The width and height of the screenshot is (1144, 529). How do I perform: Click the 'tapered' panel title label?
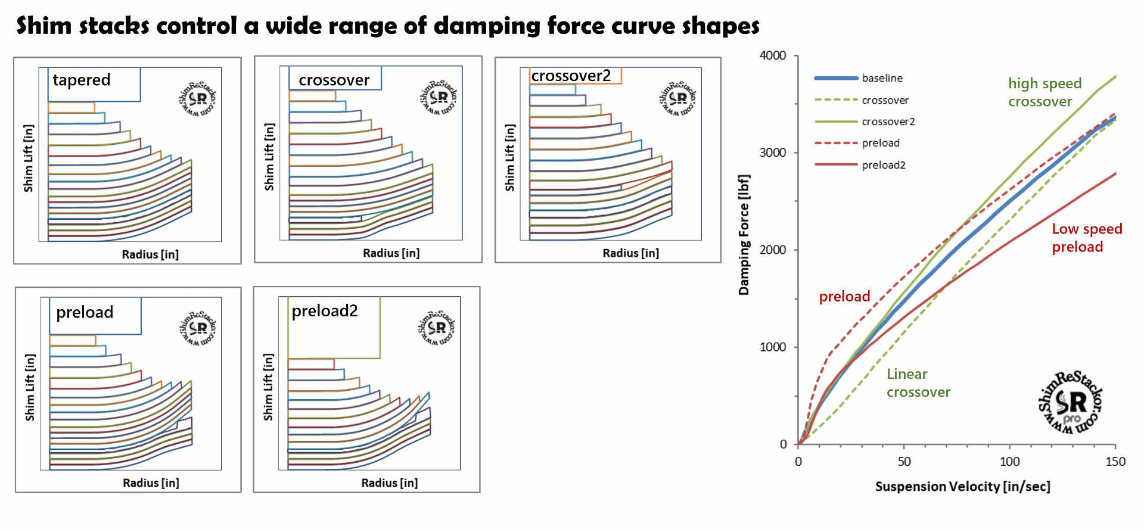coord(82,80)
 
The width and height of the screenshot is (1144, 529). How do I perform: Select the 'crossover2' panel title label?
coord(571,76)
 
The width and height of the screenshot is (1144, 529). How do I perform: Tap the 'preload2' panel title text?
coord(325,311)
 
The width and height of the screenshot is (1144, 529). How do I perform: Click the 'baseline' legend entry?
coord(882,78)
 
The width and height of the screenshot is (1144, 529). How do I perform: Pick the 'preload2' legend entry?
coord(883,165)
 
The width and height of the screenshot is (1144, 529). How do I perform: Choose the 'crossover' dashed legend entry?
coord(885,100)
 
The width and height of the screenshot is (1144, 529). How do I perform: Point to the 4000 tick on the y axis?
coord(773,55)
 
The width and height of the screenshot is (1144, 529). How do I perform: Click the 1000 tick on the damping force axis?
coord(773,347)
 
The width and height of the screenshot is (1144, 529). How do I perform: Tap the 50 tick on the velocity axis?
coord(904,462)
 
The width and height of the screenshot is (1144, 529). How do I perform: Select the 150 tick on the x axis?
coord(1115,462)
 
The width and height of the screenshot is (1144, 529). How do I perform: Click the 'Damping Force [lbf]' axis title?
coord(744,235)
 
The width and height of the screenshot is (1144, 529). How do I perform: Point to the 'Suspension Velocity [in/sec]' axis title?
coord(962,487)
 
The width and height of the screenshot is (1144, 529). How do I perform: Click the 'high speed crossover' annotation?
coord(1044,92)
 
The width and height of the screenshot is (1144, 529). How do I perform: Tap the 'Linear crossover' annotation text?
coord(918,383)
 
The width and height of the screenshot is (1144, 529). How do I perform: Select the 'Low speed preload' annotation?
coord(1086,238)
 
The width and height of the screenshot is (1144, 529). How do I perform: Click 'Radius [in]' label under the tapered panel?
coord(150,254)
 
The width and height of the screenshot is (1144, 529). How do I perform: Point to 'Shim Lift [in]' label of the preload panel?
coord(30,387)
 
